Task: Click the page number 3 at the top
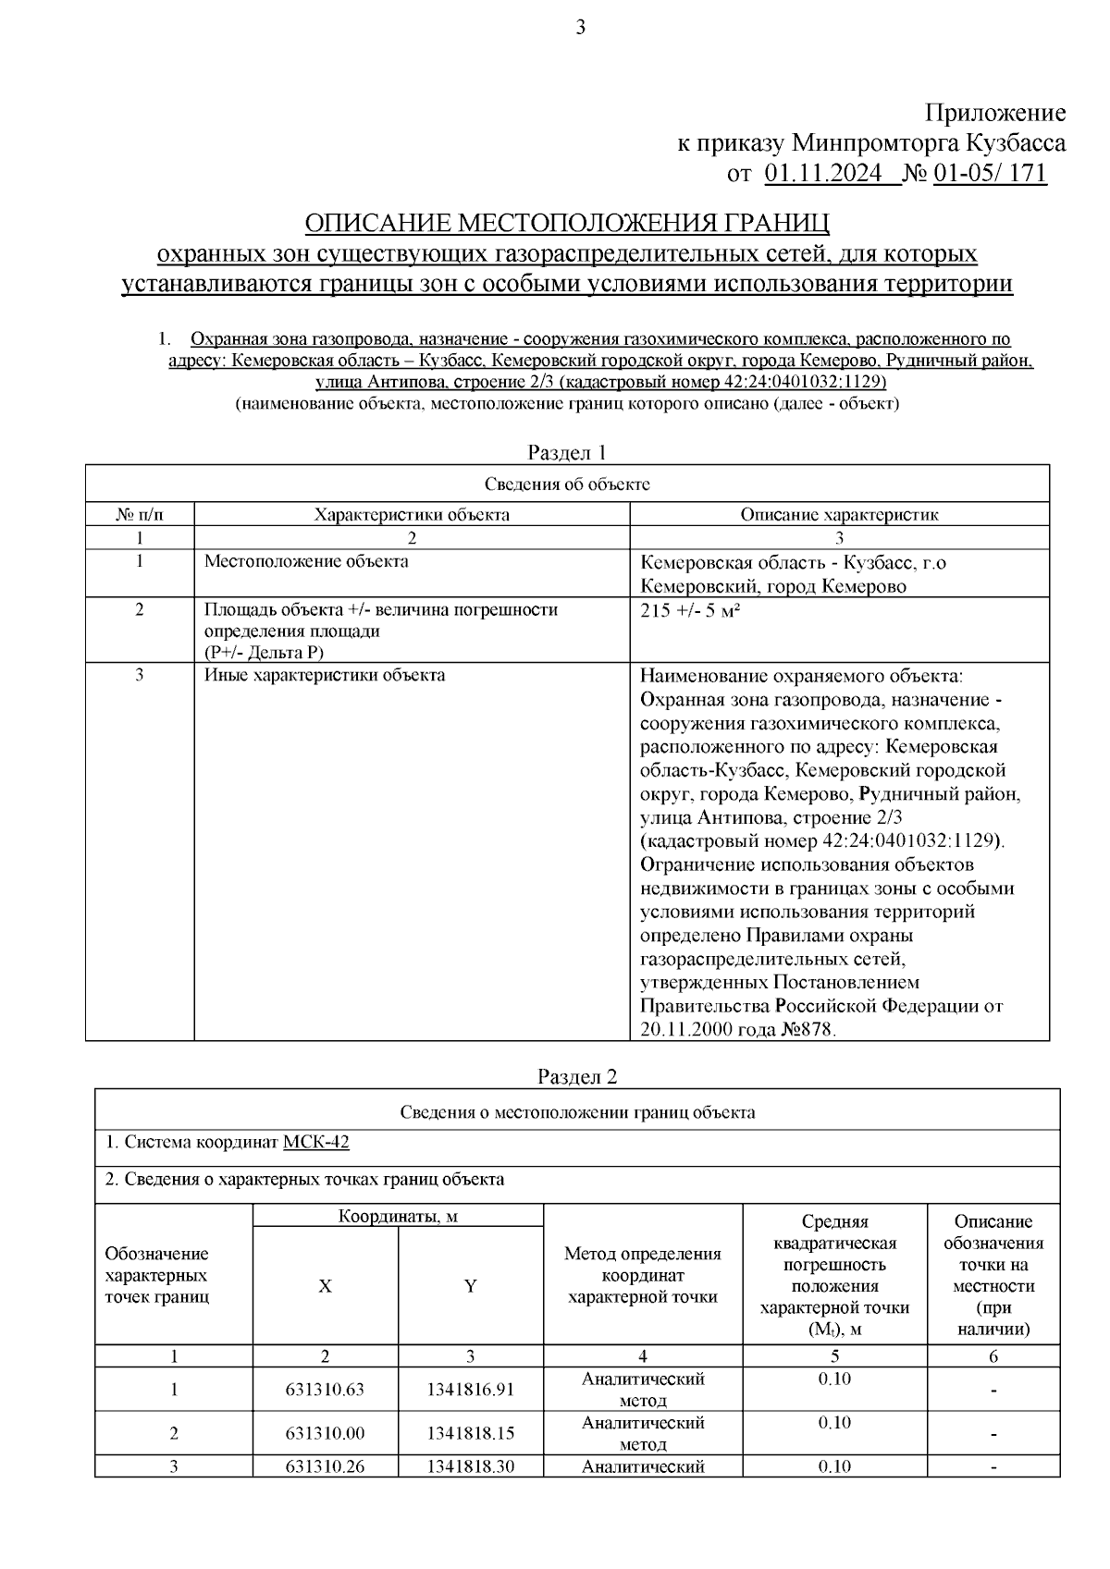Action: pyautogui.click(x=580, y=28)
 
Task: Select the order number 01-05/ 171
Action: pyautogui.click(x=990, y=174)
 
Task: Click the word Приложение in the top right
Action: pyautogui.click(x=995, y=114)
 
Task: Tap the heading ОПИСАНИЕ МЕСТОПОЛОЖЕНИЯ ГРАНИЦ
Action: pyautogui.click(x=567, y=223)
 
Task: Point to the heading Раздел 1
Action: pyautogui.click(x=566, y=452)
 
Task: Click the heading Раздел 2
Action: pyautogui.click(x=577, y=1076)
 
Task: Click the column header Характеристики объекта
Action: pyautogui.click(x=412, y=515)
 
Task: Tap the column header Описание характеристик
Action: pyautogui.click(x=839, y=515)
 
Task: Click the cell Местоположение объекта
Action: pyautogui.click(x=306, y=561)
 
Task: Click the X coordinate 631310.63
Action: pyautogui.click(x=325, y=1390)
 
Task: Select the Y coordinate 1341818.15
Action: pyautogui.click(x=470, y=1433)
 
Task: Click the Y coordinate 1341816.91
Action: pyautogui.click(x=470, y=1390)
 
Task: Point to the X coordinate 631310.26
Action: pyautogui.click(x=325, y=1466)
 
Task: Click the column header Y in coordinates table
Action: pyautogui.click(x=470, y=1286)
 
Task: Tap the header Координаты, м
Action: pyautogui.click(x=398, y=1216)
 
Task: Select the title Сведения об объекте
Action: pyautogui.click(x=567, y=484)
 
